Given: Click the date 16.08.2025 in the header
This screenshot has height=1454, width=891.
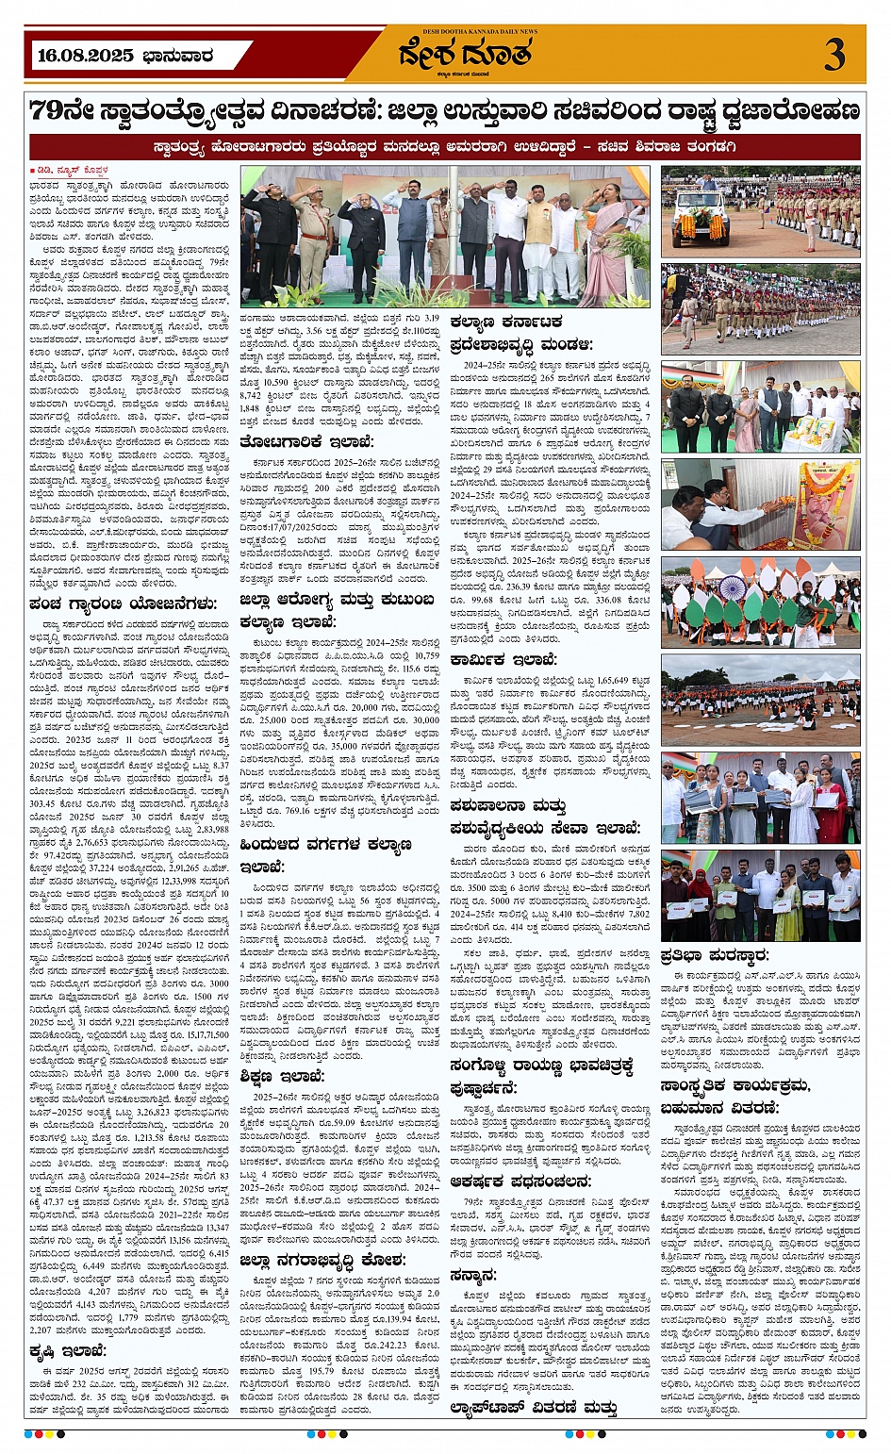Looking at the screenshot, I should point(84,56).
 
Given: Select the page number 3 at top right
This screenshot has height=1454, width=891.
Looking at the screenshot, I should point(833,56).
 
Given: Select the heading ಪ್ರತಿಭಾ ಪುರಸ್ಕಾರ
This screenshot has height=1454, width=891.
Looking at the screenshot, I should point(715,954).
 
